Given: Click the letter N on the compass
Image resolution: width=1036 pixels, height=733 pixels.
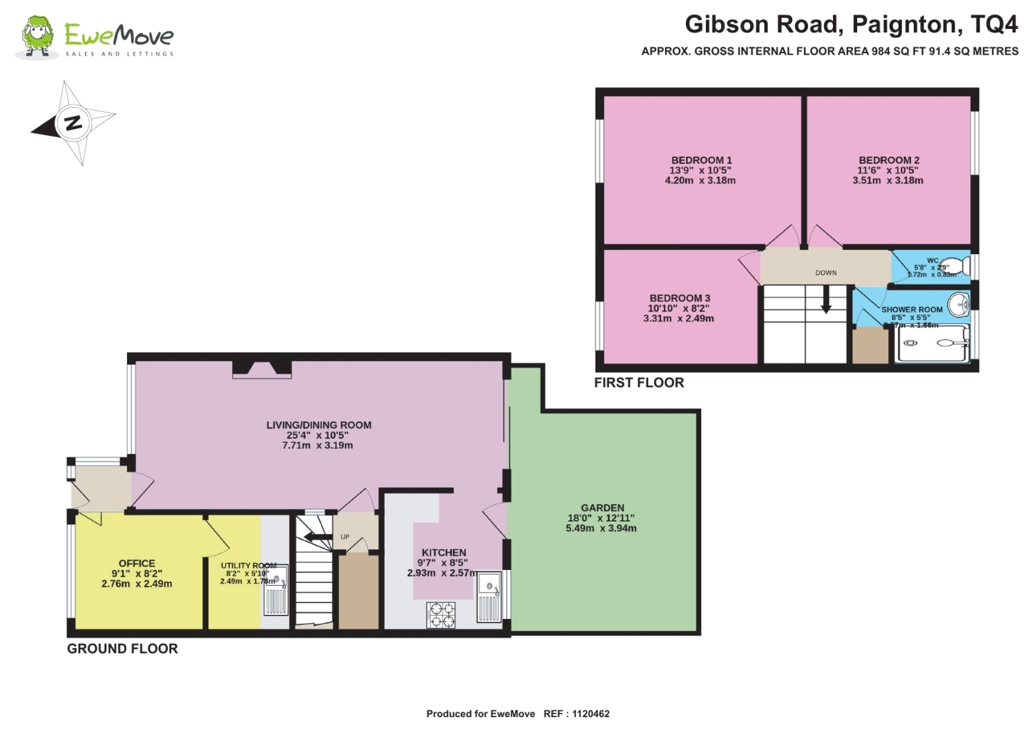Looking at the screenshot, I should [x=73, y=123].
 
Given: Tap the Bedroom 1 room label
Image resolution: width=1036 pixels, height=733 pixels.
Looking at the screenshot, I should [x=701, y=160].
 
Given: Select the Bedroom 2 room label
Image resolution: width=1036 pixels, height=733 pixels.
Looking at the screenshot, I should [x=888, y=160].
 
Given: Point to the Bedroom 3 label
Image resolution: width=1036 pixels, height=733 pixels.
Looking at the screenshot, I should [x=680, y=298].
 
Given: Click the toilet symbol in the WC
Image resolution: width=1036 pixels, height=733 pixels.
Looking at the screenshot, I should [x=957, y=266].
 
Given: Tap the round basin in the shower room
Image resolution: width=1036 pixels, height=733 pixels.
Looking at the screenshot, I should [x=958, y=303].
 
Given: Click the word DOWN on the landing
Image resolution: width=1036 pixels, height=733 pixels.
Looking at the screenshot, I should [x=826, y=273].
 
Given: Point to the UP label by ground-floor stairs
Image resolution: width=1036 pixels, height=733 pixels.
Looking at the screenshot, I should [x=345, y=537].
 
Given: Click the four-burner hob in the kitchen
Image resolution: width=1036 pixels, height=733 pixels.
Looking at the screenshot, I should [x=441, y=615].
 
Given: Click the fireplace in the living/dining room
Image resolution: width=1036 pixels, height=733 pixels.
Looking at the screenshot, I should [x=262, y=369].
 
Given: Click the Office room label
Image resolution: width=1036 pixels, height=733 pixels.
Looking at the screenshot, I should [x=137, y=563].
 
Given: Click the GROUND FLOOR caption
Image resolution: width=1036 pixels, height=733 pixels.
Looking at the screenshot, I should [x=122, y=649].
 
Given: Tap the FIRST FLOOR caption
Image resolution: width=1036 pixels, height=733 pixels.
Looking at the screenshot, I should [x=639, y=383].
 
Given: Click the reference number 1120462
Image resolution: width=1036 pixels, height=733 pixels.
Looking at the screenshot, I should [x=591, y=714].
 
